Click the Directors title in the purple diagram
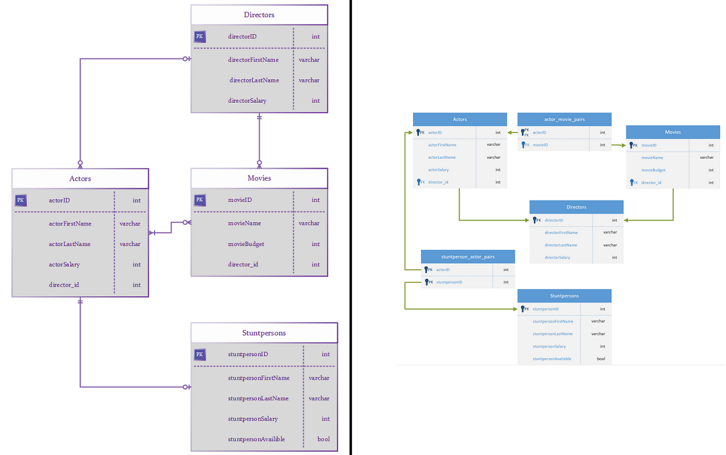coord(259,15)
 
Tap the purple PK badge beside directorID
coord(200,37)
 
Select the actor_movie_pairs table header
coord(564,120)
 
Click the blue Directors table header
coord(576,207)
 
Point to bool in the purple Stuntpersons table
coord(323,439)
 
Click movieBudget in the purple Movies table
coord(246,244)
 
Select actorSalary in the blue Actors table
coord(438,170)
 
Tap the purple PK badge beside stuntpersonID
coord(200,354)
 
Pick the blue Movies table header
coord(673,132)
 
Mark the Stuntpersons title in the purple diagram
coord(264,333)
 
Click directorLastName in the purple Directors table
coord(254,80)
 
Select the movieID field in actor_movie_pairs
coord(540,145)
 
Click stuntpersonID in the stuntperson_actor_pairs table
coord(449,282)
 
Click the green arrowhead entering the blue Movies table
coord(623,145)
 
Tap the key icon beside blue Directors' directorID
coord(535,220)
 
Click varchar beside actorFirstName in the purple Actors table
coord(130,224)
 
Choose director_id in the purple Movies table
coord(243,265)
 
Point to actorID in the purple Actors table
coord(59,201)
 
